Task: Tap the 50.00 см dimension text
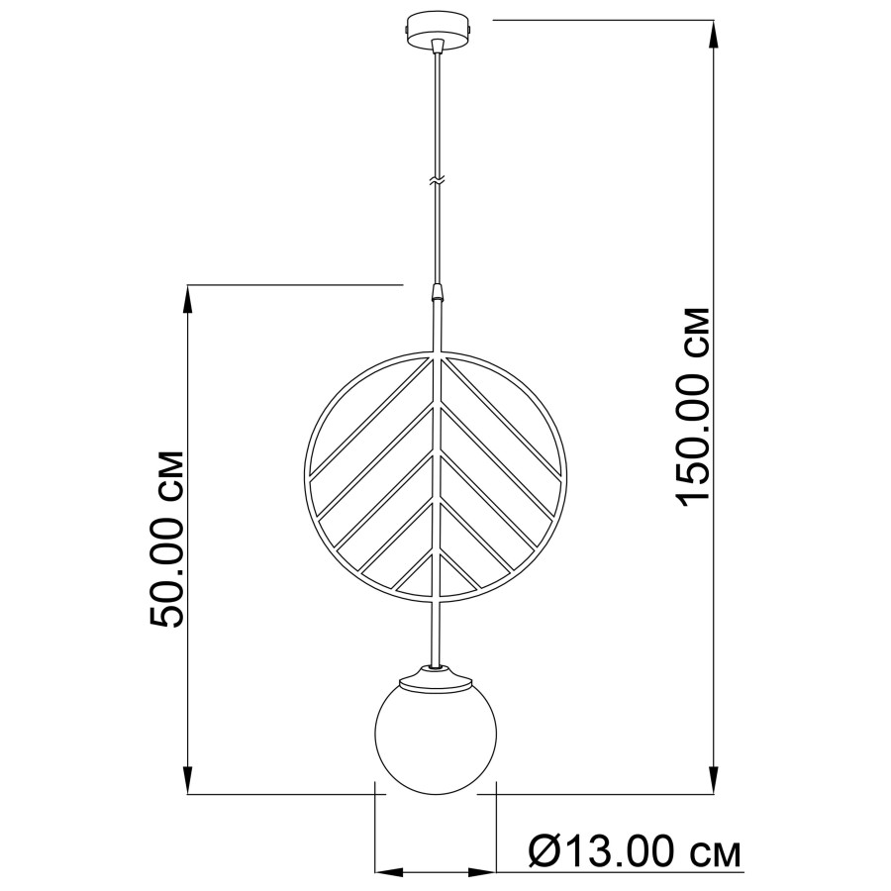point(166,540)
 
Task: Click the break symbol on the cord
point(437,181)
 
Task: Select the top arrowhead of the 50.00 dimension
point(188,299)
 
